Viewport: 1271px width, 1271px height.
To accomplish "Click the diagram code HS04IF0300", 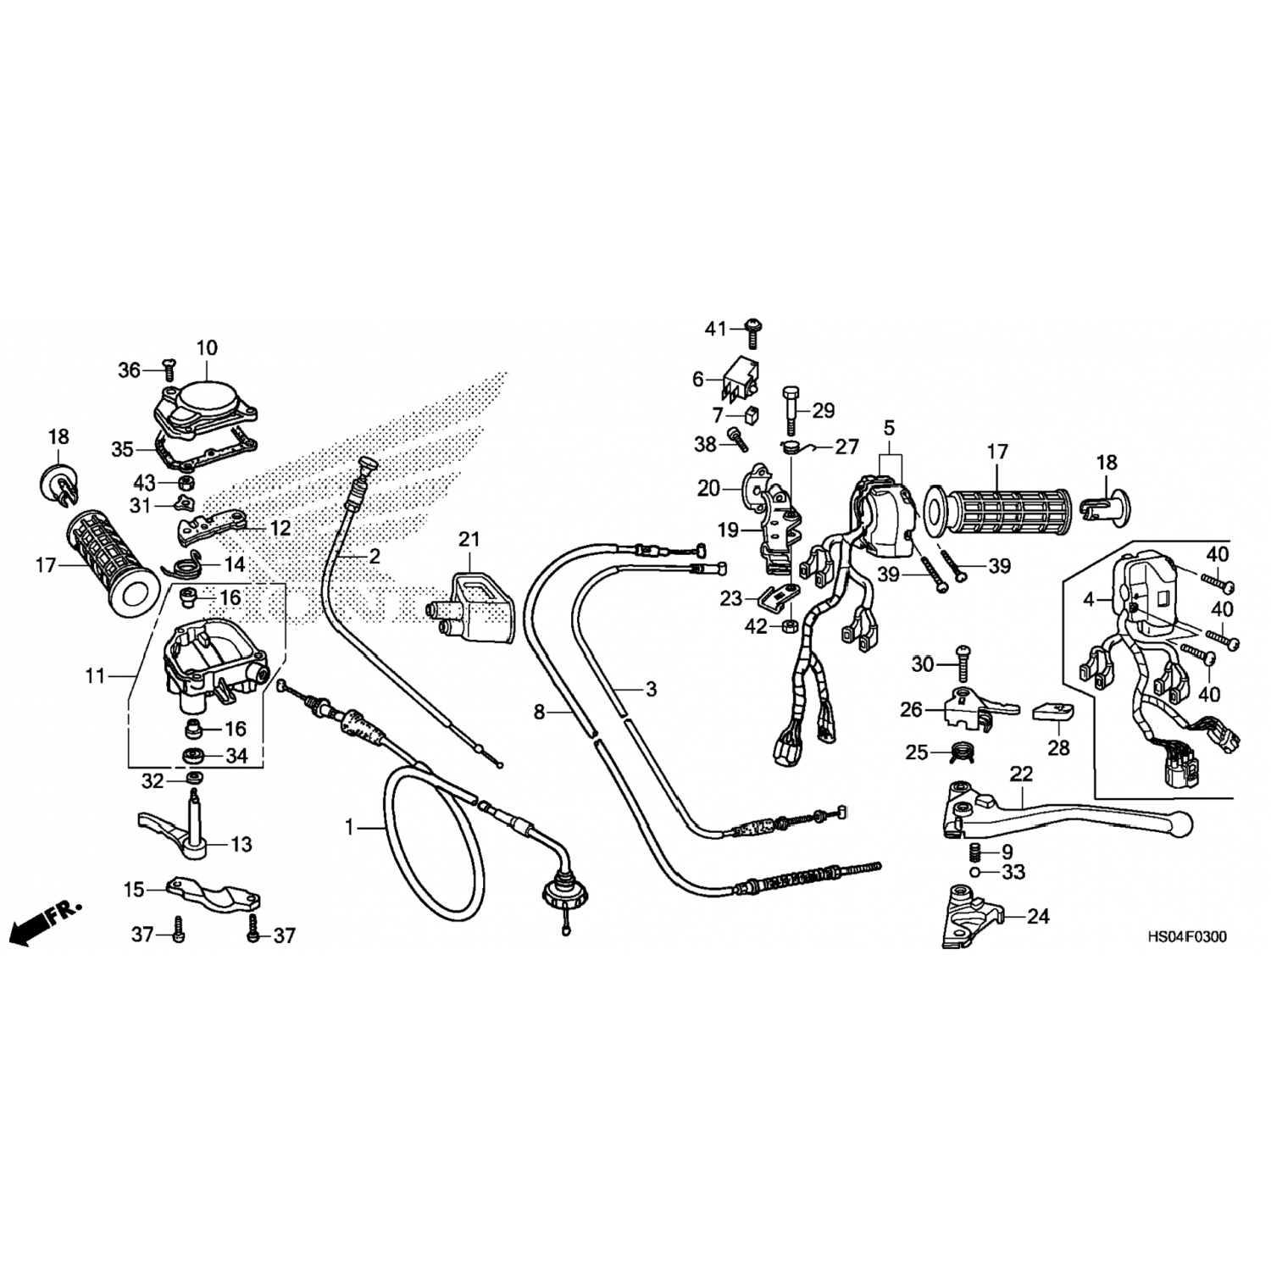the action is point(1186,938).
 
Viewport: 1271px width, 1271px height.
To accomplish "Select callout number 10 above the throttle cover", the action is point(207,348).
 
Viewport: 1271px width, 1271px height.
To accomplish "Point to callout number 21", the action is point(469,539).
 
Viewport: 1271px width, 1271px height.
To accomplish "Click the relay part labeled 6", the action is point(739,379).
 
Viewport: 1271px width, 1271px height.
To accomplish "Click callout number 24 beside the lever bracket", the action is point(1038,916).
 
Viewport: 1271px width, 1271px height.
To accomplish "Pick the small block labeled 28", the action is point(1053,712).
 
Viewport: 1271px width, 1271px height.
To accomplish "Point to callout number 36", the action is point(129,370).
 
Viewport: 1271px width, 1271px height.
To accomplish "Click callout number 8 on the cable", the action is point(540,713).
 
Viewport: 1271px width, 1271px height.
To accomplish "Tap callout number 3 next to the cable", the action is point(651,690).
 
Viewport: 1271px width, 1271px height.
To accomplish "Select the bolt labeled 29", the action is point(790,408).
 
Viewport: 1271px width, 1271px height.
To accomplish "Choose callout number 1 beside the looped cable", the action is point(349,827).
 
